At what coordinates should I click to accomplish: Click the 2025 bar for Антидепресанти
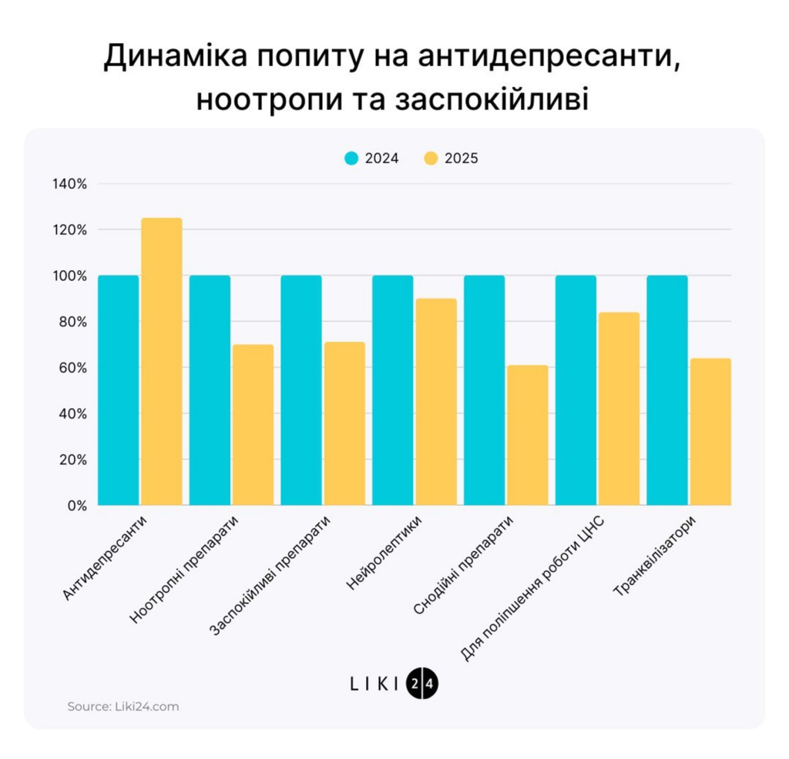(162, 362)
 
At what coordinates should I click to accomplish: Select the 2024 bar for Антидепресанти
(118, 390)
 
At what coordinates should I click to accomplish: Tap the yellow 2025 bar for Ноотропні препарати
(253, 425)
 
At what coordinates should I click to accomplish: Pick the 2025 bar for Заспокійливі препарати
(344, 423)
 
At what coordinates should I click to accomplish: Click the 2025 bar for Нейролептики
(436, 402)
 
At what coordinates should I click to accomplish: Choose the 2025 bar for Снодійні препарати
(528, 435)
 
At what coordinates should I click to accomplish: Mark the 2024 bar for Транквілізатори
(667, 390)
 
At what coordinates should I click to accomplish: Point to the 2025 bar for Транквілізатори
(710, 432)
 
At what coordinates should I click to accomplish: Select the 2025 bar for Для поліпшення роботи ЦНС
(619, 409)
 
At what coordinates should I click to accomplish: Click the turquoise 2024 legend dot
(351, 159)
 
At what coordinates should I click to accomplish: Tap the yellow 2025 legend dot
(431, 159)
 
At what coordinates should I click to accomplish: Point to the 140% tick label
(70, 184)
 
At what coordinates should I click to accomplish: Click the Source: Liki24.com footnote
(123, 706)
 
